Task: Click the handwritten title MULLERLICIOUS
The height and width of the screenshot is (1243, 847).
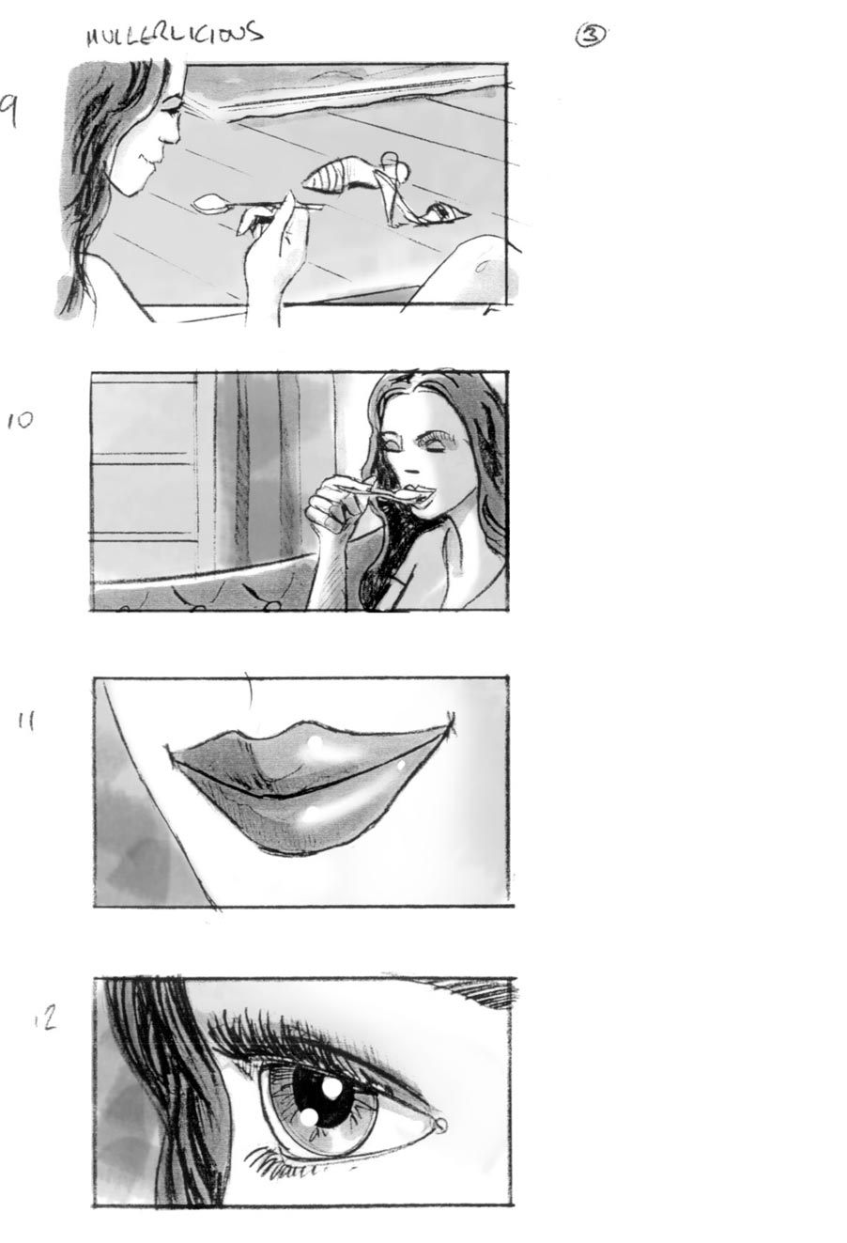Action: click(x=174, y=35)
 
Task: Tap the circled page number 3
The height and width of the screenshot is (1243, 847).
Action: click(x=591, y=36)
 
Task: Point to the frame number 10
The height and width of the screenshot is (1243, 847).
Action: click(x=19, y=420)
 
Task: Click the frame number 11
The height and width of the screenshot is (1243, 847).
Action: click(x=26, y=722)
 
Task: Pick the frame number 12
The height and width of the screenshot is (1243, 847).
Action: click(x=45, y=1018)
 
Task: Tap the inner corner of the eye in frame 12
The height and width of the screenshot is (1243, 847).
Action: click(x=438, y=1125)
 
